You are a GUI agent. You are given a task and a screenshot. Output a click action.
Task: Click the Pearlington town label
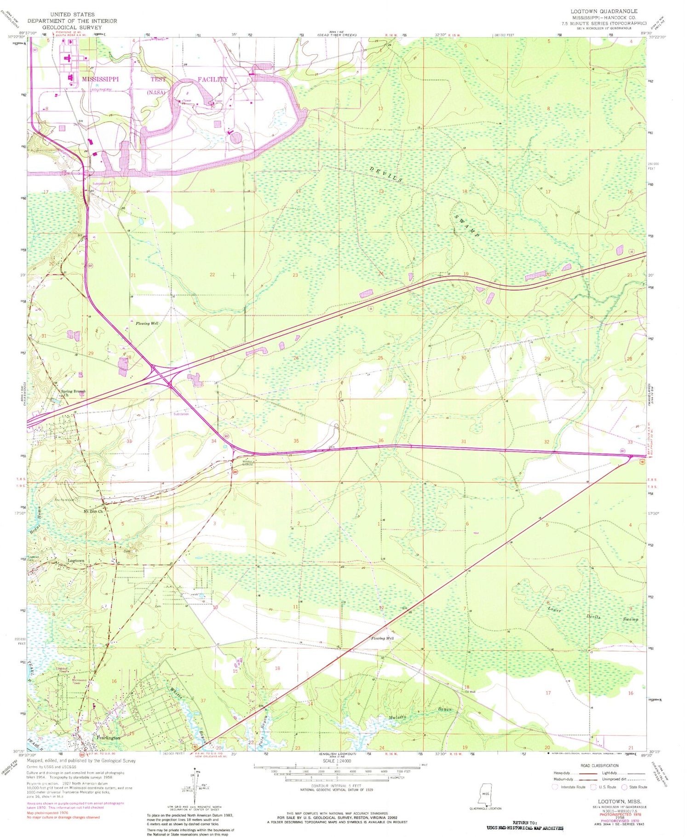pyautogui.click(x=109, y=737)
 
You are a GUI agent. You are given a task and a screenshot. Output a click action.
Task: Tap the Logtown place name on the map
pyautogui.click(x=76, y=561)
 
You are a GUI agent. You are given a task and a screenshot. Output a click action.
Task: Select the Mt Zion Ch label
pyautogui.click(x=93, y=511)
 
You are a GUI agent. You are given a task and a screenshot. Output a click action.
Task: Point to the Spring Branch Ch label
pyautogui.click(x=73, y=393)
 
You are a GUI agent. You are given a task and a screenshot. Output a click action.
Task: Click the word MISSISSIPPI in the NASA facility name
pyautogui.click(x=100, y=79)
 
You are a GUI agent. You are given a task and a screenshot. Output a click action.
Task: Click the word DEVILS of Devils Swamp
pyautogui.click(x=386, y=174)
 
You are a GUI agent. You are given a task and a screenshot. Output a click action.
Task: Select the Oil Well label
pyautogui.click(x=470, y=691)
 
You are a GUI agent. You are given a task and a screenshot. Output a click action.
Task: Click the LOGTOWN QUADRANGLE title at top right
pyautogui.click(x=604, y=11)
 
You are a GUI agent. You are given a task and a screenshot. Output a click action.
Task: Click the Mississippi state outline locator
pyautogui.click(x=485, y=794)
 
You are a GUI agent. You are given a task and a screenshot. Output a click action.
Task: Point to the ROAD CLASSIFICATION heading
pyautogui.click(x=599, y=766)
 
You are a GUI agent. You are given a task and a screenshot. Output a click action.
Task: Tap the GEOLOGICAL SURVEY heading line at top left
pyautogui.click(x=72, y=27)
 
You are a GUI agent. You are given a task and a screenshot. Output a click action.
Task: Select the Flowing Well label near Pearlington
pyautogui.click(x=382, y=638)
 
